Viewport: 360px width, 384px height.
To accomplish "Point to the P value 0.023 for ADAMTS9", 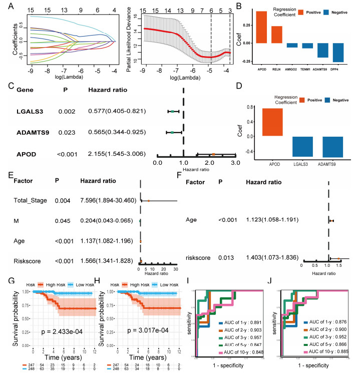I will pos(70,133).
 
